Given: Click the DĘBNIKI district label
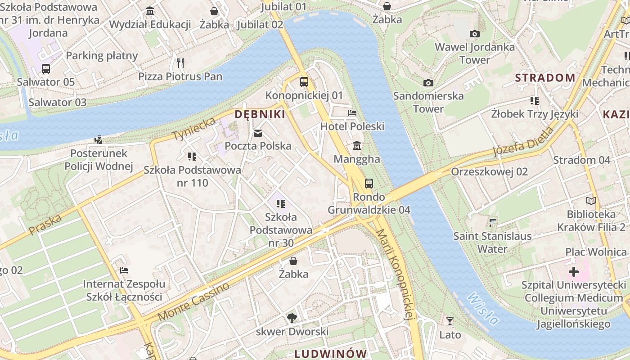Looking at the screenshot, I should click(260, 114).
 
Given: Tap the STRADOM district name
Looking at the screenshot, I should click(545, 78).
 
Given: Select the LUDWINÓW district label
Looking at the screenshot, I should click(331, 353).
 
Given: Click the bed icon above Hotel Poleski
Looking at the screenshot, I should click(352, 113).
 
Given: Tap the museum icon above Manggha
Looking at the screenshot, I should click(357, 146).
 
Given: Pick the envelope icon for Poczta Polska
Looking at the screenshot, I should click(258, 133).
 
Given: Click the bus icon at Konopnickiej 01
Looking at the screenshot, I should click(304, 82).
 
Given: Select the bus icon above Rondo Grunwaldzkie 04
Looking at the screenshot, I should click(369, 183).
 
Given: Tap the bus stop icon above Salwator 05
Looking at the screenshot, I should click(45, 69).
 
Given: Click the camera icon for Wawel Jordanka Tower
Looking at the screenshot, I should click(474, 34).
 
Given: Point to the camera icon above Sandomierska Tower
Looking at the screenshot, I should click(428, 83).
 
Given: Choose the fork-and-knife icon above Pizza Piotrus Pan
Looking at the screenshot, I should click(180, 63).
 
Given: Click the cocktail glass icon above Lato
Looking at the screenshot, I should click(450, 321).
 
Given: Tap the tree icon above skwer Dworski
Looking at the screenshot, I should click(292, 318).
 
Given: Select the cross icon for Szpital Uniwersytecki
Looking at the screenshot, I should click(574, 271).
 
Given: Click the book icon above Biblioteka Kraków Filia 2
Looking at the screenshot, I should click(591, 201).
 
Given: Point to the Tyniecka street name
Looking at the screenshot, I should click(195, 128).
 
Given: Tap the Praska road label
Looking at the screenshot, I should click(45, 225).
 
